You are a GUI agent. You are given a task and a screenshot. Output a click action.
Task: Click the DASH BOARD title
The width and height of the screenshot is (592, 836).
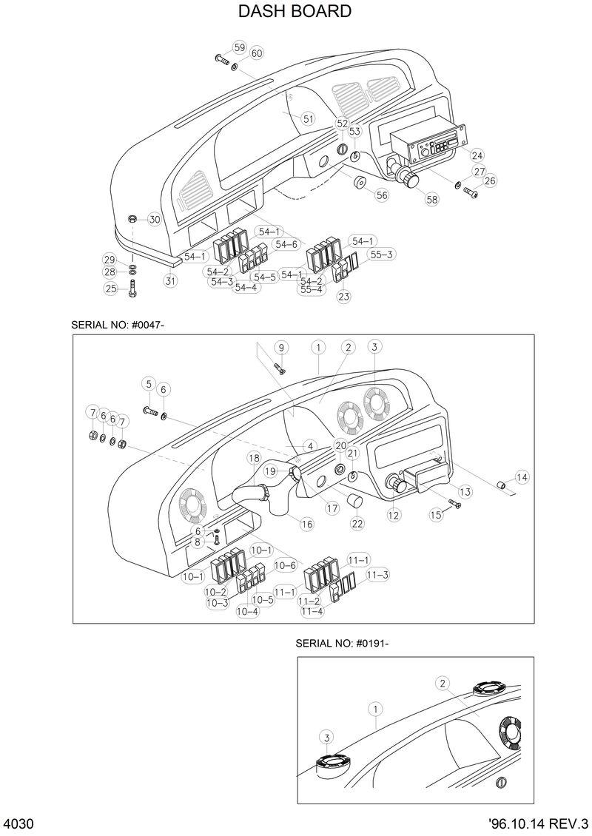pyautogui.click(x=295, y=12)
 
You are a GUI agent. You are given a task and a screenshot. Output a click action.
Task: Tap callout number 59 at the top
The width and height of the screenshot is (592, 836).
pyautogui.click(x=239, y=47)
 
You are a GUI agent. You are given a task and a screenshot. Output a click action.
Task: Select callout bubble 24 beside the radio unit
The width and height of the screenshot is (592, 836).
pyautogui.click(x=477, y=155)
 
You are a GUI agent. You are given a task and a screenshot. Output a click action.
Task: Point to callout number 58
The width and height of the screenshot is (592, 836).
pyautogui.click(x=431, y=199)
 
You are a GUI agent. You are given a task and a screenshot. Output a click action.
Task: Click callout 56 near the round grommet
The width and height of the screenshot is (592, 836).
pyautogui.click(x=381, y=195)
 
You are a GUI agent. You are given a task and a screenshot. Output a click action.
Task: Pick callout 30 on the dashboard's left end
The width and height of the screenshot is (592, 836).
pyautogui.click(x=154, y=219)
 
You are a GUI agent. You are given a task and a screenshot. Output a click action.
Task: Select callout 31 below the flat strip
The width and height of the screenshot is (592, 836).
pyautogui.click(x=170, y=280)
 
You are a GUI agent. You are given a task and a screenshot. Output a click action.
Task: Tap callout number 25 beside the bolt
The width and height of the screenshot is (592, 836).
pyautogui.click(x=111, y=289)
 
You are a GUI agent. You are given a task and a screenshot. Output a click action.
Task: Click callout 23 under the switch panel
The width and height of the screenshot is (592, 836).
pyautogui.click(x=343, y=297)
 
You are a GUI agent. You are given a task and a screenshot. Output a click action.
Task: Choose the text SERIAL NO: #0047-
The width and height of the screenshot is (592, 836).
pyautogui.click(x=122, y=325)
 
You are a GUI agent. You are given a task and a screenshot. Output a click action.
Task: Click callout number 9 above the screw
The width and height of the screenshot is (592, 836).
pyautogui.click(x=280, y=347)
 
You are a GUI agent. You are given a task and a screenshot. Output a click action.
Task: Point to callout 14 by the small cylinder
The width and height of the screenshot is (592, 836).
pyautogui.click(x=522, y=477)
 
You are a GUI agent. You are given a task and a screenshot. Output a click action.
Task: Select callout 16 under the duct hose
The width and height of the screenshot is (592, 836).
pyautogui.click(x=306, y=523)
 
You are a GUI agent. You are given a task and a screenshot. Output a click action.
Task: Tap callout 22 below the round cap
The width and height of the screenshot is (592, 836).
pyautogui.click(x=357, y=523)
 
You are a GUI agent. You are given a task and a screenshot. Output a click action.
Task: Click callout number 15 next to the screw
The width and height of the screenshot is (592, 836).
pyautogui.click(x=436, y=514)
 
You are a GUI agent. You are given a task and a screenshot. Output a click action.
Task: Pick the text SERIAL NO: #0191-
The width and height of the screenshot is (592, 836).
pyautogui.click(x=342, y=643)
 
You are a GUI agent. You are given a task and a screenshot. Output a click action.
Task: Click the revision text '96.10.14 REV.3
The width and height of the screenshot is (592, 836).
pyautogui.click(x=538, y=824)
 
